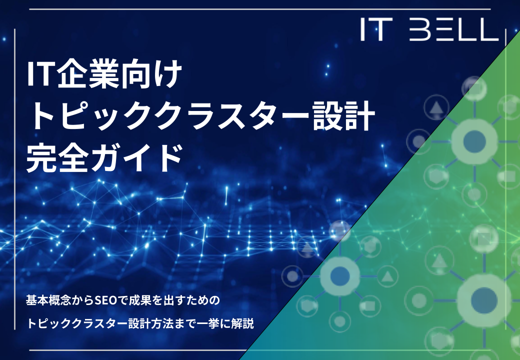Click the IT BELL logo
coord(429,29)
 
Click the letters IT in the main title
coord(40,74)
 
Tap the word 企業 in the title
coord(85,74)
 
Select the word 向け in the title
coord(149,74)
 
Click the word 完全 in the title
coord(57,158)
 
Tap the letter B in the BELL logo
coord(419,29)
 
